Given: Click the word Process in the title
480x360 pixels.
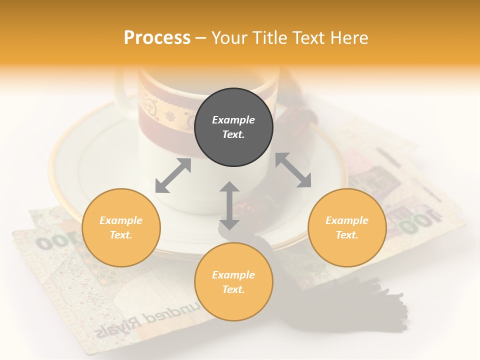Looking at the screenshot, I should (x=157, y=38).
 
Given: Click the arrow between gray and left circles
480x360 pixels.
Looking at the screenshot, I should (x=173, y=175).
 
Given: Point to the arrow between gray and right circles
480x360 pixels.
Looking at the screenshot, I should (x=293, y=170).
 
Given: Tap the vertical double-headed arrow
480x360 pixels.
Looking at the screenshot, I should (x=229, y=205).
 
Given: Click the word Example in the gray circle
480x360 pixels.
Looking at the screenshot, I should (x=233, y=120).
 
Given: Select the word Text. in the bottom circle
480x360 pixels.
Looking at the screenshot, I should (x=233, y=289).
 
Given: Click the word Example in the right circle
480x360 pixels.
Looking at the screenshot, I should (x=347, y=220).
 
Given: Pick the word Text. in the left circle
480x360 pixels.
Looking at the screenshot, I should (x=121, y=235).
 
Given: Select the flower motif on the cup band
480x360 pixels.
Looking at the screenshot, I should (x=170, y=116).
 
